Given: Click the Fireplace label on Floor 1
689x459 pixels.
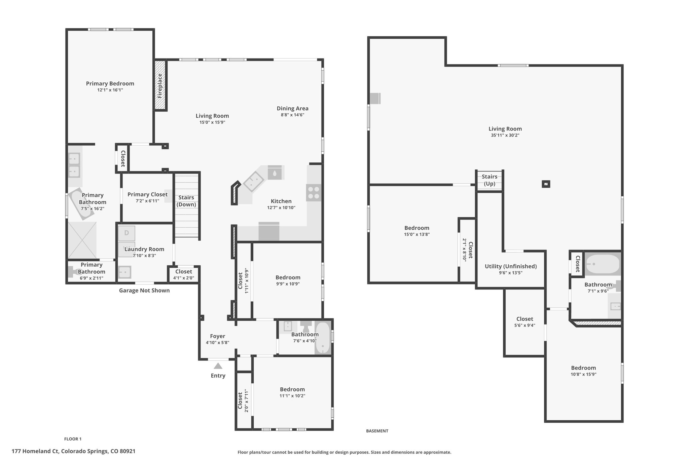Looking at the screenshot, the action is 160,85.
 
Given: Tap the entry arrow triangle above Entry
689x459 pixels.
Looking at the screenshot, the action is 218,366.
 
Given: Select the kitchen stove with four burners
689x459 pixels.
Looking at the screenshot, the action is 314,193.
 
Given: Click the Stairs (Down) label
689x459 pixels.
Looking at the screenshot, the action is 186,201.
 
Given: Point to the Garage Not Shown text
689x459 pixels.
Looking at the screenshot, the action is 144,291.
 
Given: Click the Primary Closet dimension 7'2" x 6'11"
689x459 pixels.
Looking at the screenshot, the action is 147,201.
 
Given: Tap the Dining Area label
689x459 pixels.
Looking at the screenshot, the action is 293,108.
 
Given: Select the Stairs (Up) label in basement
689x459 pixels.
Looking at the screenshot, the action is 489,180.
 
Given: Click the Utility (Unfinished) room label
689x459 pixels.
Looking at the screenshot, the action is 511,266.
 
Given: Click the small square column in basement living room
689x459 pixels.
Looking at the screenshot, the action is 546,184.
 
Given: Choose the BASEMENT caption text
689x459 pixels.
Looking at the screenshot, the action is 377,431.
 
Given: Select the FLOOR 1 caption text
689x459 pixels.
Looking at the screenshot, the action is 73,439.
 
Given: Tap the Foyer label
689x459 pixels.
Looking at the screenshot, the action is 218,336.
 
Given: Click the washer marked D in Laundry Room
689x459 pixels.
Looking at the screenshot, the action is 126,233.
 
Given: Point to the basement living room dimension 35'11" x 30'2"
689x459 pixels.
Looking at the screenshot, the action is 505,135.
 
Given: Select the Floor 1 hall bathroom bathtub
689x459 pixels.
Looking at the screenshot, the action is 323,338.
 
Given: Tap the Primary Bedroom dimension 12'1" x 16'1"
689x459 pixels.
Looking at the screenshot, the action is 110,90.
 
